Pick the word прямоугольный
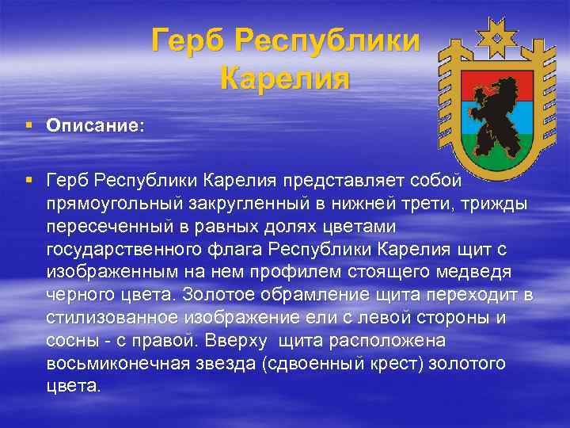tap(110, 206)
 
